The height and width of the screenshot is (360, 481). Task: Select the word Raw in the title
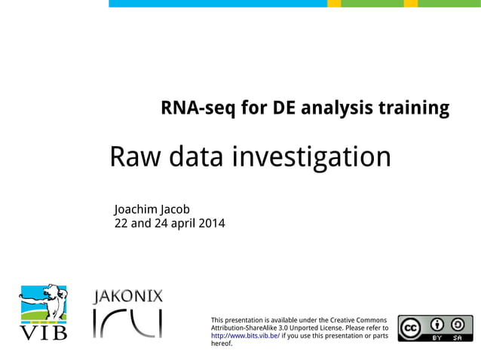point(136,157)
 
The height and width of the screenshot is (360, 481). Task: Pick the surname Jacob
point(180,209)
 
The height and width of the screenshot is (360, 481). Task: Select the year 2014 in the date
point(211,223)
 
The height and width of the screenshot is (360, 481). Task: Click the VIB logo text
point(43,331)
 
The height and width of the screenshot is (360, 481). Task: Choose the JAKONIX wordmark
point(127,296)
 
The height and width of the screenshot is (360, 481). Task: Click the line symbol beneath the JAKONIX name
point(127,323)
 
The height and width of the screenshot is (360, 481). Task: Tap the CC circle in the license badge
point(412,328)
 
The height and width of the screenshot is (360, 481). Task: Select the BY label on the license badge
point(436,338)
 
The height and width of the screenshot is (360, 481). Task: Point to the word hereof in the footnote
point(222,344)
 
